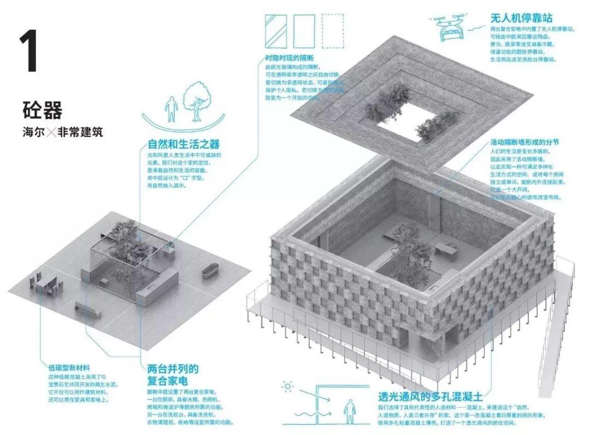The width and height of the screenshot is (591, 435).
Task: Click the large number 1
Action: click(28, 52)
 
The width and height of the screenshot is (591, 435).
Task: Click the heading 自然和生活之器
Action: click(184, 144)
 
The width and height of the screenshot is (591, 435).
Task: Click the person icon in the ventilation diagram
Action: click(348, 410)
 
